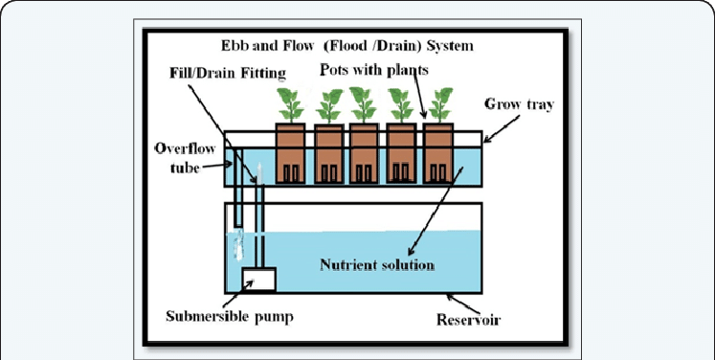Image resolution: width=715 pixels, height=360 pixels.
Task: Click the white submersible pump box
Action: pos(257,280)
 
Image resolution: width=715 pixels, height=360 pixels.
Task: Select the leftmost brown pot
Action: pos(290,153)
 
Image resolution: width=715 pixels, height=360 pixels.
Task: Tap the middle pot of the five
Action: pos(364,153)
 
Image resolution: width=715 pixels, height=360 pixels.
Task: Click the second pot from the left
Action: pos(328,153)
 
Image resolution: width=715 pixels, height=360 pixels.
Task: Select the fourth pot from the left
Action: pos(401,153)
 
